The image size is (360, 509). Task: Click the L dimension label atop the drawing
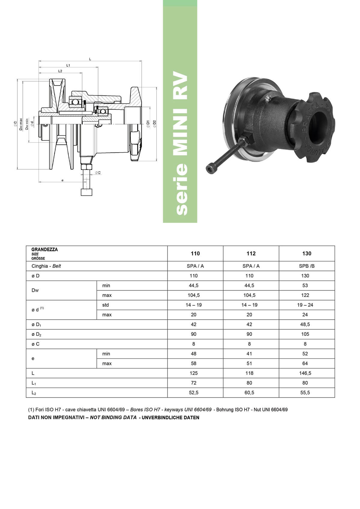point(90,59)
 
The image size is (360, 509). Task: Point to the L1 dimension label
point(68,65)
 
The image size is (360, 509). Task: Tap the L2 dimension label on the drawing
point(60,71)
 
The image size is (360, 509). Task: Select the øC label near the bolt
point(98,173)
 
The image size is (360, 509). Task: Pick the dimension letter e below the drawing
point(62,181)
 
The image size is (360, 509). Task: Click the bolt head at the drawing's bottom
point(87,192)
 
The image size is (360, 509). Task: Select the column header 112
point(251,253)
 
